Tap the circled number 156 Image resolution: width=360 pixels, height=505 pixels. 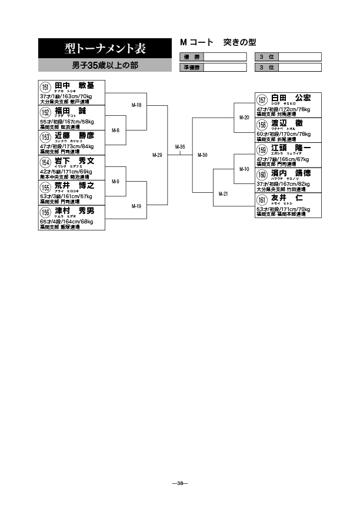coord(45,213)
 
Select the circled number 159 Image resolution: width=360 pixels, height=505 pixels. coord(262,151)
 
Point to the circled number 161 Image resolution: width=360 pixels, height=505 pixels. coord(262,200)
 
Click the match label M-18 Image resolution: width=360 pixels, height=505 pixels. coord(136,105)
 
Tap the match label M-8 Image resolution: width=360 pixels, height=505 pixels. coord(115,130)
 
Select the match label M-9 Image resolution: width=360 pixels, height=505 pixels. coord(115,181)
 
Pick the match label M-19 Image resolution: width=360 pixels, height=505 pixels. coord(136,206)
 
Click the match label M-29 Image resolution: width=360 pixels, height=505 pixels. coord(156,155)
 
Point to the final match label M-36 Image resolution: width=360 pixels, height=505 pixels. coord(180,147)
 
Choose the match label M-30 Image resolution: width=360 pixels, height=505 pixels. coord(202,155)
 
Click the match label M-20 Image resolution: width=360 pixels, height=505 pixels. coord(244,117)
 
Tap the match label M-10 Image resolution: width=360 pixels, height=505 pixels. coord(244,169)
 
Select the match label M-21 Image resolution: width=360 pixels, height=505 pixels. coord(224,193)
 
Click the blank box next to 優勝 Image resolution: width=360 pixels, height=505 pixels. coord(224,56)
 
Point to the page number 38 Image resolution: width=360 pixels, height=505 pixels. coord(180,484)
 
